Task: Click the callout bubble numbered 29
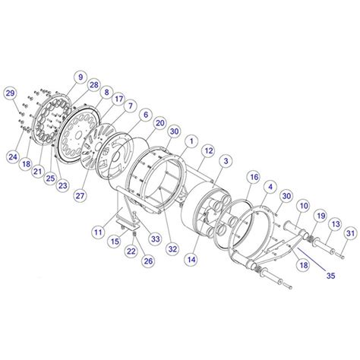pos(10,93)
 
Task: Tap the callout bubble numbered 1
pos(191,142)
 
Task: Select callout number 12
pos(206,151)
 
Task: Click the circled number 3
pos(226,162)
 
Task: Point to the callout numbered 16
pos(254,177)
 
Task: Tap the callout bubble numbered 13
pos(335,225)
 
